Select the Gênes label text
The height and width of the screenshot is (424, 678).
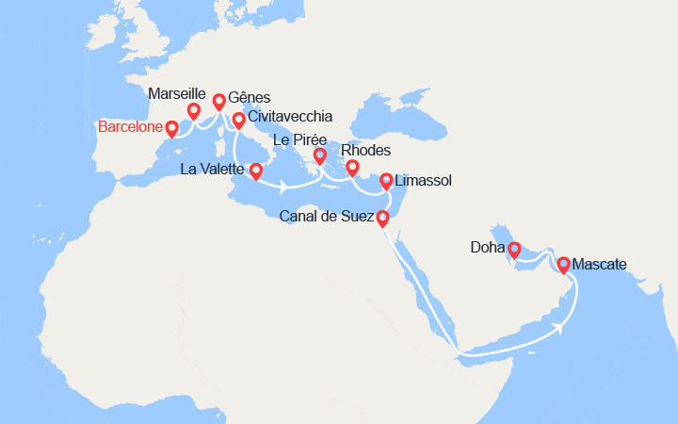click(x=250, y=98)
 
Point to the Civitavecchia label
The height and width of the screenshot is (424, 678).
click(x=290, y=117)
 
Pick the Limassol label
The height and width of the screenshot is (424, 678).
click(x=425, y=178)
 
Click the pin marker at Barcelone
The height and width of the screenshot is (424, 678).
click(x=171, y=128)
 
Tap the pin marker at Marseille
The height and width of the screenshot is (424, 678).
click(x=194, y=111)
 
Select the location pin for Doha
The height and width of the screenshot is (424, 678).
click(x=514, y=251)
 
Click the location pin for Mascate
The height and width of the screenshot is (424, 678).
click(x=563, y=265)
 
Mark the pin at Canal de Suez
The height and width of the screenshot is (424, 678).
click(x=382, y=219)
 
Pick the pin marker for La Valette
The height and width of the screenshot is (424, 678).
click(x=255, y=171)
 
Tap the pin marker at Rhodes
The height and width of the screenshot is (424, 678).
click(x=352, y=168)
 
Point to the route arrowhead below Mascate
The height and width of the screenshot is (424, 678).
click(x=561, y=327)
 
